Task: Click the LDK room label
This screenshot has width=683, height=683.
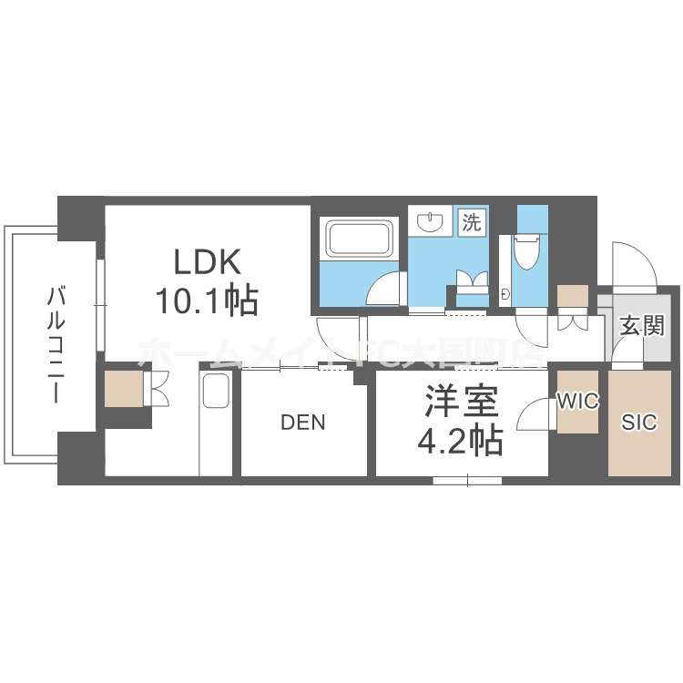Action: coord(208,263)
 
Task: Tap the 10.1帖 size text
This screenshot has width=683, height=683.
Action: coord(209,299)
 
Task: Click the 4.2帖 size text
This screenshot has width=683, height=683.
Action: coord(460,442)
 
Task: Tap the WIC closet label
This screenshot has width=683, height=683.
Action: coord(577,402)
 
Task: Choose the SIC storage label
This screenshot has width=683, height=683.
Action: coord(638,423)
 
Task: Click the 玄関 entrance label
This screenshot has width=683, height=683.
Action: coord(642,326)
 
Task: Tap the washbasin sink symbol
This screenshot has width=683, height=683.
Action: coord(428,221)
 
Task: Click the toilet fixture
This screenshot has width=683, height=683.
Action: coord(527,250)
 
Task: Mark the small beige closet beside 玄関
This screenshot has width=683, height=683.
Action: coord(573,297)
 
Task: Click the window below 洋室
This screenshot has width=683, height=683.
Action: coord(467,479)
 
